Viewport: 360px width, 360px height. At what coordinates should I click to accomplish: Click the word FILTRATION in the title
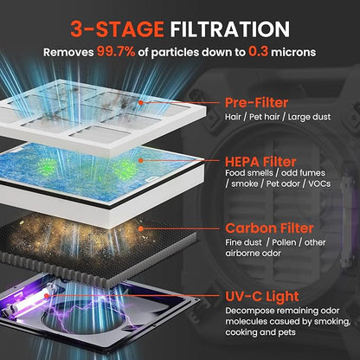tap(229, 29)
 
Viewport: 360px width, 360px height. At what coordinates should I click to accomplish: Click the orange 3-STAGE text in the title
tap(117, 29)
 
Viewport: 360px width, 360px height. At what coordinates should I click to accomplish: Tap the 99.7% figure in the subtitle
tap(116, 52)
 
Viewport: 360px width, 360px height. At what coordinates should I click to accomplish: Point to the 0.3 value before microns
tap(258, 52)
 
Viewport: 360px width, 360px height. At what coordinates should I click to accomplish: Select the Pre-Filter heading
tap(256, 103)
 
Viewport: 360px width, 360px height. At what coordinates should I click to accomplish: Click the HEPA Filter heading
tap(260, 162)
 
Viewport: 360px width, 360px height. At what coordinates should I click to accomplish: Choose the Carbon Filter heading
tap(269, 228)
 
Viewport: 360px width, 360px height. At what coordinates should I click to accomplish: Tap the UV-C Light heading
tap(262, 297)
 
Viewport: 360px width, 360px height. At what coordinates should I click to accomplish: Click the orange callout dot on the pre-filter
tap(140, 102)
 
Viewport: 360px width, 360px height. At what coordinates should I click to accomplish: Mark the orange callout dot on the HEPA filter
tap(141, 160)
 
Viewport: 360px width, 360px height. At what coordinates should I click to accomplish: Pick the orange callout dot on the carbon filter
tap(141, 229)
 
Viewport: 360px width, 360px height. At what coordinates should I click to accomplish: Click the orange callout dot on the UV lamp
tap(46, 296)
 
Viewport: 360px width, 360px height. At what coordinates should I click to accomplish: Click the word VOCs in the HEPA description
tap(319, 183)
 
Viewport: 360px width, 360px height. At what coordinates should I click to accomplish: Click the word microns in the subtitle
tap(293, 52)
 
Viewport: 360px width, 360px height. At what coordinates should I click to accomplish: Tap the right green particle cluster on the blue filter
tap(125, 169)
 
